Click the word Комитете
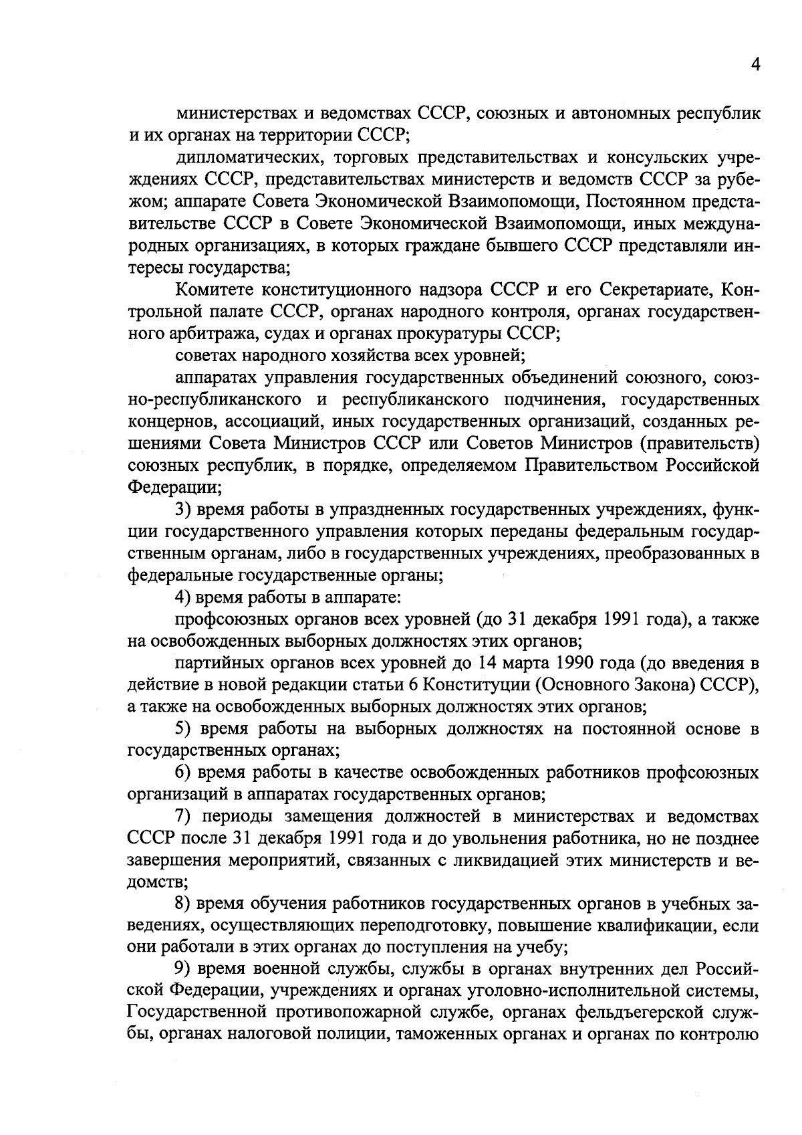pyautogui.click(x=213, y=290)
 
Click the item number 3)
pyautogui.click(x=184, y=510)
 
